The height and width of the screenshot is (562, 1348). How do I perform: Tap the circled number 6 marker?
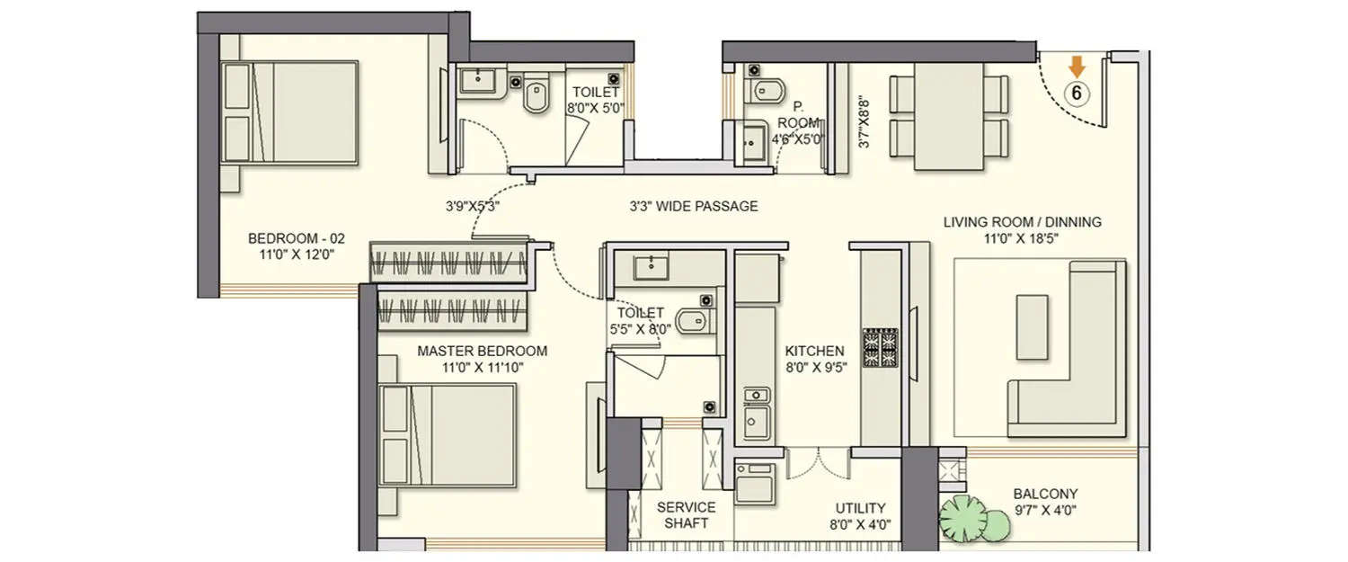pyautogui.click(x=1078, y=92)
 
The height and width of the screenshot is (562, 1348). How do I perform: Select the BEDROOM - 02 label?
pyautogui.click(x=296, y=246)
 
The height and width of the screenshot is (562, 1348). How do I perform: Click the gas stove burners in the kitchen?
pyautogui.click(x=880, y=348)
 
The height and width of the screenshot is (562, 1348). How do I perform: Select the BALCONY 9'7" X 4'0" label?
pyautogui.click(x=1045, y=502)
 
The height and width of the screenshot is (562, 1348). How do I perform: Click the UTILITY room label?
pyautogui.click(x=860, y=515)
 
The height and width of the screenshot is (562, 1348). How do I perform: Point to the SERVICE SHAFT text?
pyautogui.click(x=687, y=515)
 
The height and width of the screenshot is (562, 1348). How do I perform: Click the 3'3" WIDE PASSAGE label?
pyautogui.click(x=693, y=206)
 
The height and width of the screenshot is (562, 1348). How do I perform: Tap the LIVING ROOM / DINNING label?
pyautogui.click(x=1022, y=229)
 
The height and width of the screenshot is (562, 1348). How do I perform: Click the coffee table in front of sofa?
pyautogui.click(x=1032, y=326)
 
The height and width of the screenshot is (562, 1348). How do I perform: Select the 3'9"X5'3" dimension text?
pyautogui.click(x=473, y=206)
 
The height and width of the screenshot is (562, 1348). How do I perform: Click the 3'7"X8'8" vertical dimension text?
pyautogui.click(x=864, y=123)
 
